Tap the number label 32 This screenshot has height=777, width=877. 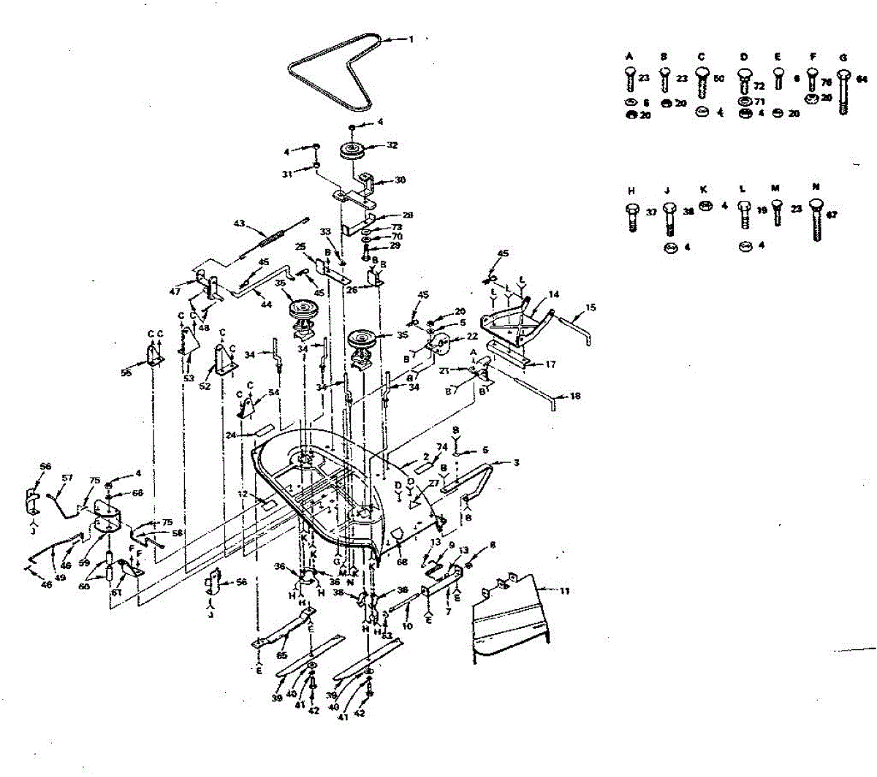(392, 146)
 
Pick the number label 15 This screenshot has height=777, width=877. (591, 308)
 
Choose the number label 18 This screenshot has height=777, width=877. (575, 396)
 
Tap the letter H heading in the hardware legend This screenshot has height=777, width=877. (631, 190)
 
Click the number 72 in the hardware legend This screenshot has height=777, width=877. (759, 86)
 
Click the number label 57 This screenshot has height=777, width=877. (67, 478)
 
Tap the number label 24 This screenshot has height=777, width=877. (230, 435)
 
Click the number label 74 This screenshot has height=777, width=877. (441, 448)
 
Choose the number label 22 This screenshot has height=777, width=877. (472, 336)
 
